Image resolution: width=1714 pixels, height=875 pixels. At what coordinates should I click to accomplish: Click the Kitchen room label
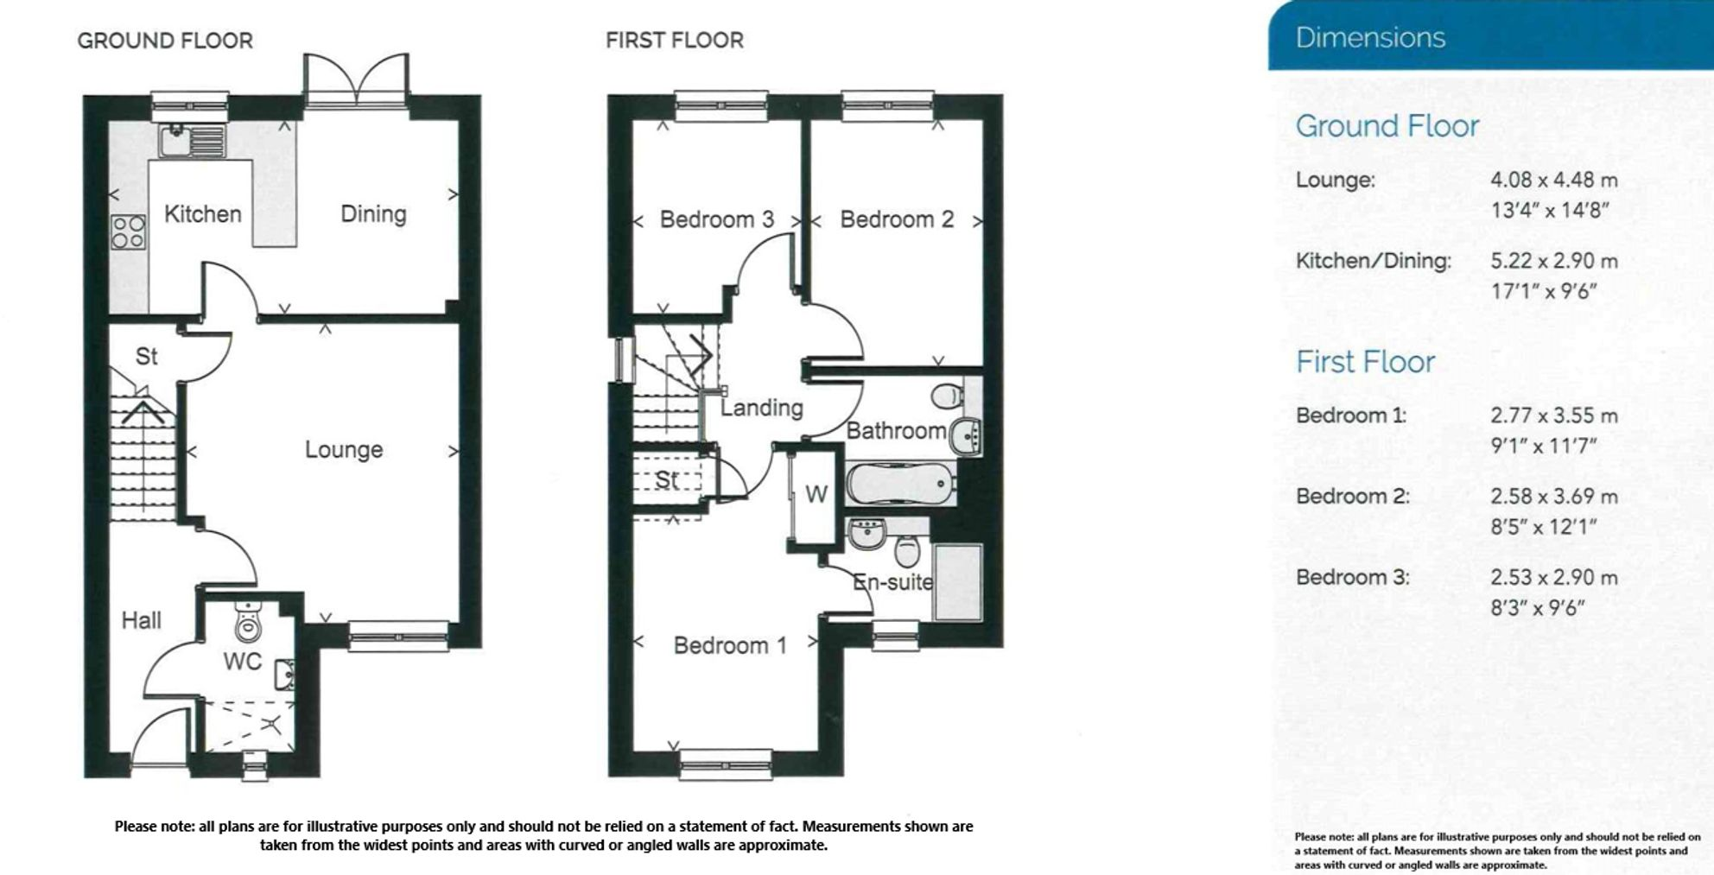pos(202,214)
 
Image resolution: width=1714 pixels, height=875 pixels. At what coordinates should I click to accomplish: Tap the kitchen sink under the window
pos(191,141)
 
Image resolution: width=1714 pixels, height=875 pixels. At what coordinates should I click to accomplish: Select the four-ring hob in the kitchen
pos(128,231)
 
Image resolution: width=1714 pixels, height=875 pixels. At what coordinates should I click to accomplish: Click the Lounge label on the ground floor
pos(343,450)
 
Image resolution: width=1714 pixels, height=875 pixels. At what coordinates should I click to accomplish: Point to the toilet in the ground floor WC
pos(248,623)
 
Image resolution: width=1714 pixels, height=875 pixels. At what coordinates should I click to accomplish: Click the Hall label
pos(141,620)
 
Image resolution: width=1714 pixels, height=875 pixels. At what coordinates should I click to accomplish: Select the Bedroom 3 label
pos(716,220)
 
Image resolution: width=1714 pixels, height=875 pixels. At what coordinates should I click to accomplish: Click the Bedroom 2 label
pos(896,220)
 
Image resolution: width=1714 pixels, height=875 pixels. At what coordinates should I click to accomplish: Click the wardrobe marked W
pos(816,494)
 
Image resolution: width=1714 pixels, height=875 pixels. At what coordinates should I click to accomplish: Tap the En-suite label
pos(892,582)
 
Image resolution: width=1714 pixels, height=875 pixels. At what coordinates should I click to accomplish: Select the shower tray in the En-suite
pos(957,581)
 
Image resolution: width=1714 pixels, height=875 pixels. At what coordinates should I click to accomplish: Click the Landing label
pos(761,408)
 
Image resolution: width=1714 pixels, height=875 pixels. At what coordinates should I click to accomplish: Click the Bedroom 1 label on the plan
pos(730,646)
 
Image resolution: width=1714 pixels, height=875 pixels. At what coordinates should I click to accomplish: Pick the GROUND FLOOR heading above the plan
pos(165,41)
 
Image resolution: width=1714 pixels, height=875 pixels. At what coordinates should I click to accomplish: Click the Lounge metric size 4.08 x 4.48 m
pos(1553,181)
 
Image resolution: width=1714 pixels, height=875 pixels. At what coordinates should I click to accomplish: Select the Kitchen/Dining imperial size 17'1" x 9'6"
pos(1543,292)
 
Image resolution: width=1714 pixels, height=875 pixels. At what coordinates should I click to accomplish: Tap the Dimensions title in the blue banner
pos(1370,38)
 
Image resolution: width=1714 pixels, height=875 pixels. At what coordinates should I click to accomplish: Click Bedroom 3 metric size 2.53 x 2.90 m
pos(1553,578)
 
